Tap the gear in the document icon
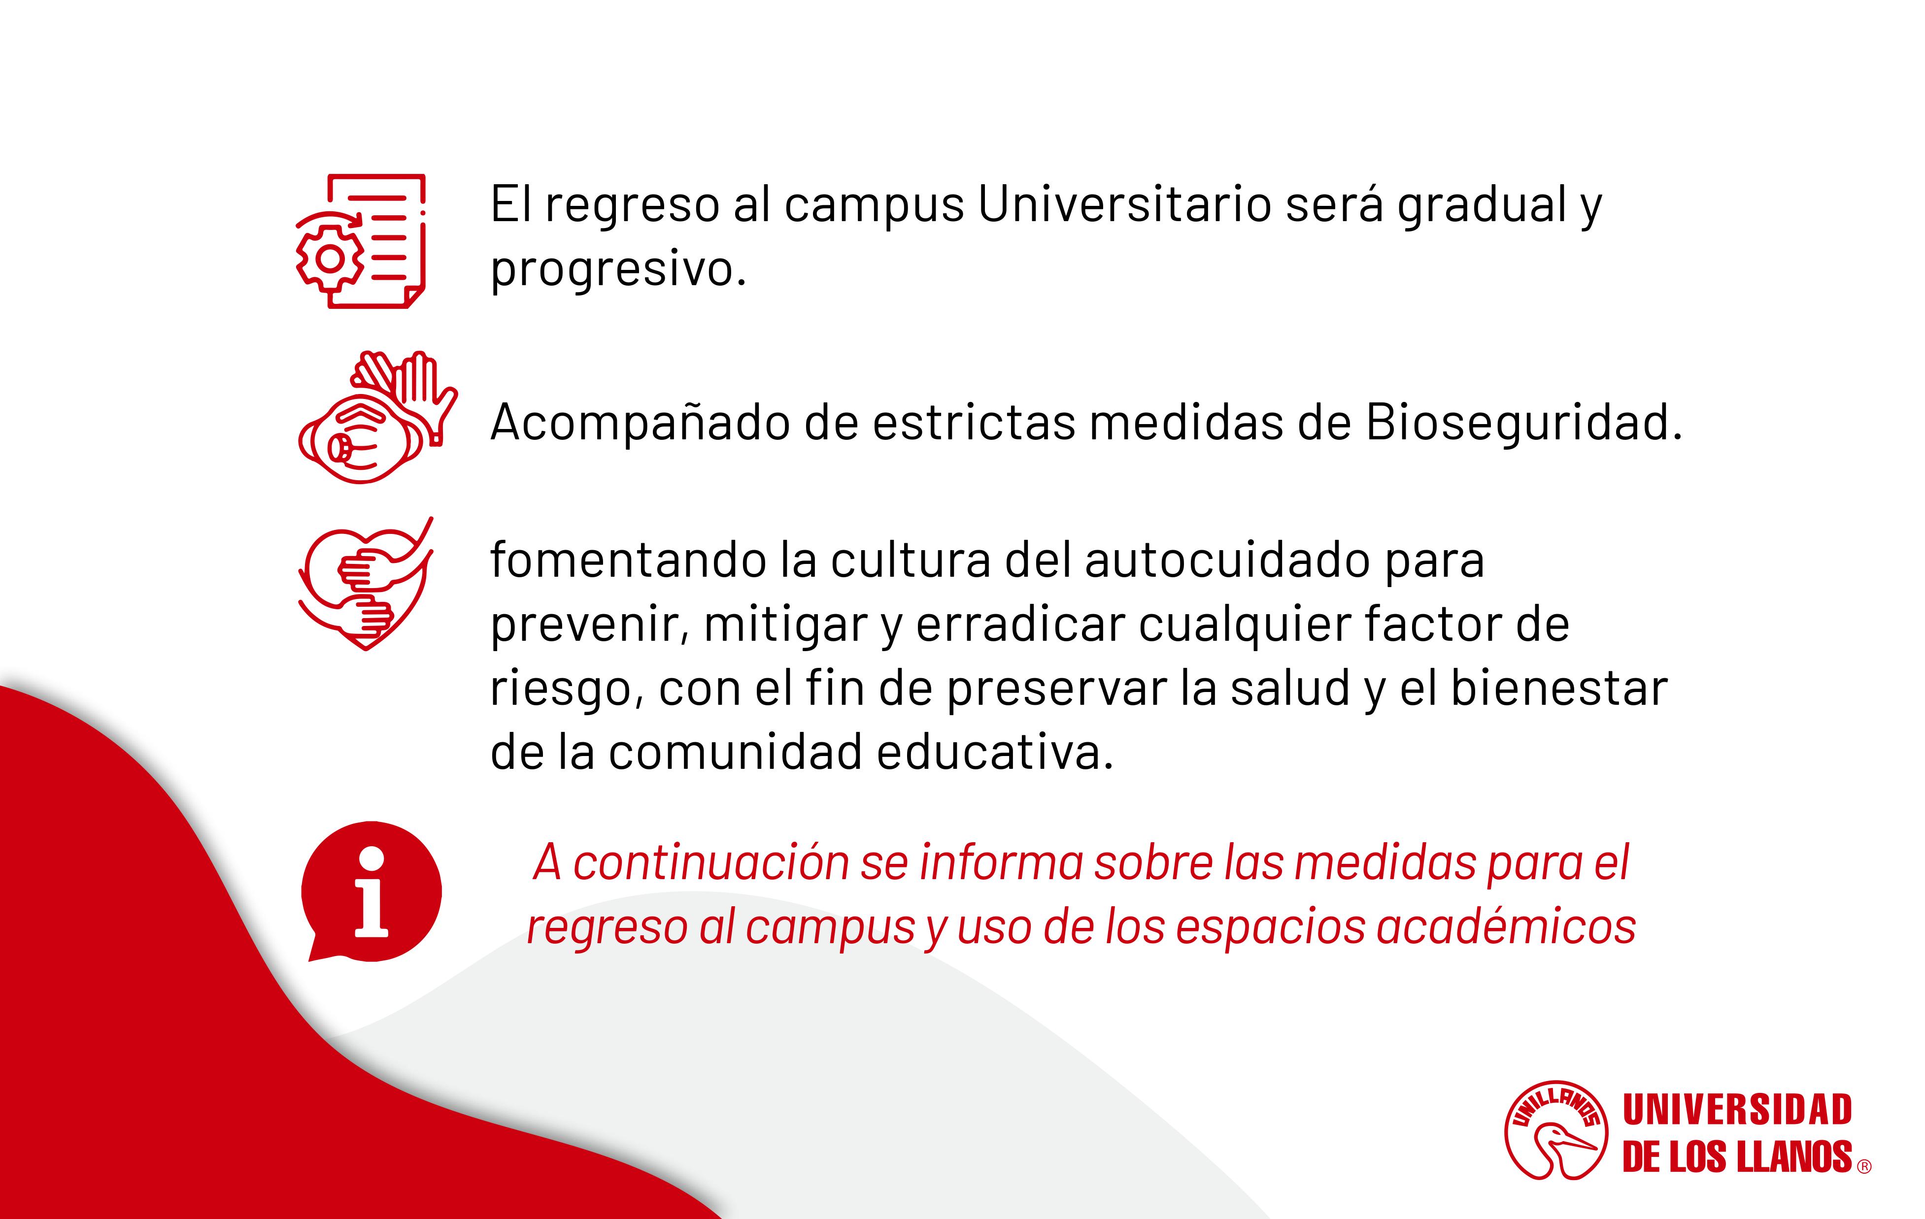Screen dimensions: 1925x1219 coord(329,258)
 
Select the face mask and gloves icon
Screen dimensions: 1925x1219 coord(377,417)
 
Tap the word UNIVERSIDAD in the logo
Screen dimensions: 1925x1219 coord(1737,1110)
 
